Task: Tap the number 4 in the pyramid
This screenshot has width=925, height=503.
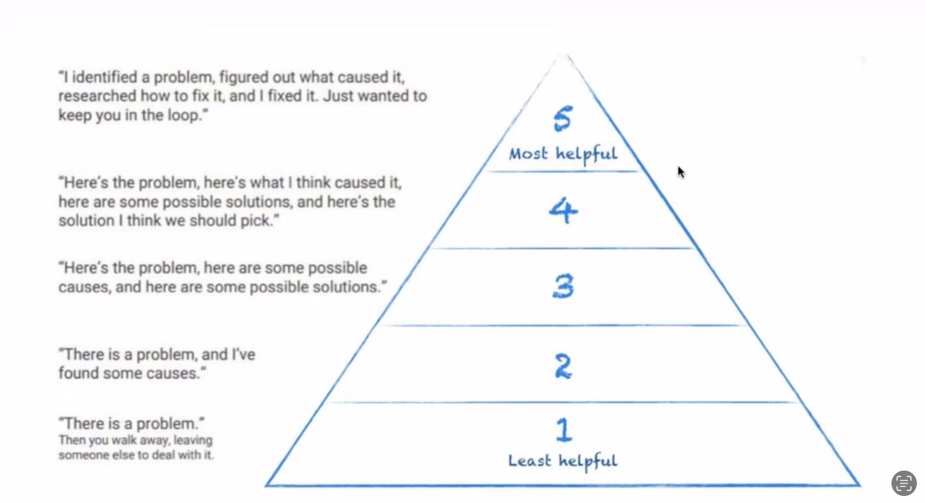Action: point(563,210)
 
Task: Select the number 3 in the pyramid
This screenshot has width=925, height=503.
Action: point(563,286)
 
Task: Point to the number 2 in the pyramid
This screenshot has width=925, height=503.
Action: point(563,366)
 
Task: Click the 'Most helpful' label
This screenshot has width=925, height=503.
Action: point(563,154)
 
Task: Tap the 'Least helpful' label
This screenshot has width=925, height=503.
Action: point(563,461)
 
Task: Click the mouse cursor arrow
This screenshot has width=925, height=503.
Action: point(680,172)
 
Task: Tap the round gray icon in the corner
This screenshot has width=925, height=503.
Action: point(904,483)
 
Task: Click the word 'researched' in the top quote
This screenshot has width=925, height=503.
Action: point(97,96)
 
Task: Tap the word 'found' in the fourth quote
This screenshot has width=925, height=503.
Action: point(78,373)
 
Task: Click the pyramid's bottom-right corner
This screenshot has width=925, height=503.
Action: point(859,486)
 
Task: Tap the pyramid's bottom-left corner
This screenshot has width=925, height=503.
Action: point(267,486)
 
